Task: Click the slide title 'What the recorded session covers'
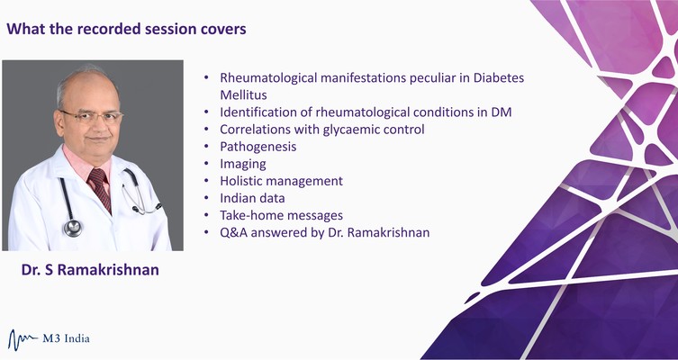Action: tap(126, 29)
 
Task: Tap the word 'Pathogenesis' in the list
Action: tap(258, 147)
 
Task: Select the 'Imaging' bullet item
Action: tap(243, 164)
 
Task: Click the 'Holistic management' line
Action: tap(282, 181)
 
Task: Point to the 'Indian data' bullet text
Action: tap(252, 198)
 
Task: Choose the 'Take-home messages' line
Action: tap(282, 215)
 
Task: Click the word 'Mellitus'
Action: tap(243, 94)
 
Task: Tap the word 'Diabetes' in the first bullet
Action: tap(499, 77)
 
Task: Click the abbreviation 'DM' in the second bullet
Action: tap(502, 112)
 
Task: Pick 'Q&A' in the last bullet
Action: tap(234, 232)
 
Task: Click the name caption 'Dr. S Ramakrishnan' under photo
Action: tap(90, 270)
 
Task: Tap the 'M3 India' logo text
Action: tap(66, 338)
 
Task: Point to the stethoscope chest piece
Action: tap(73, 228)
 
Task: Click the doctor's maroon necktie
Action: tap(100, 189)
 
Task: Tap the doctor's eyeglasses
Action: tap(92, 117)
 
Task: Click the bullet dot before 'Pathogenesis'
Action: tap(207, 147)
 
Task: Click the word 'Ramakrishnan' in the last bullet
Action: tap(388, 232)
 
